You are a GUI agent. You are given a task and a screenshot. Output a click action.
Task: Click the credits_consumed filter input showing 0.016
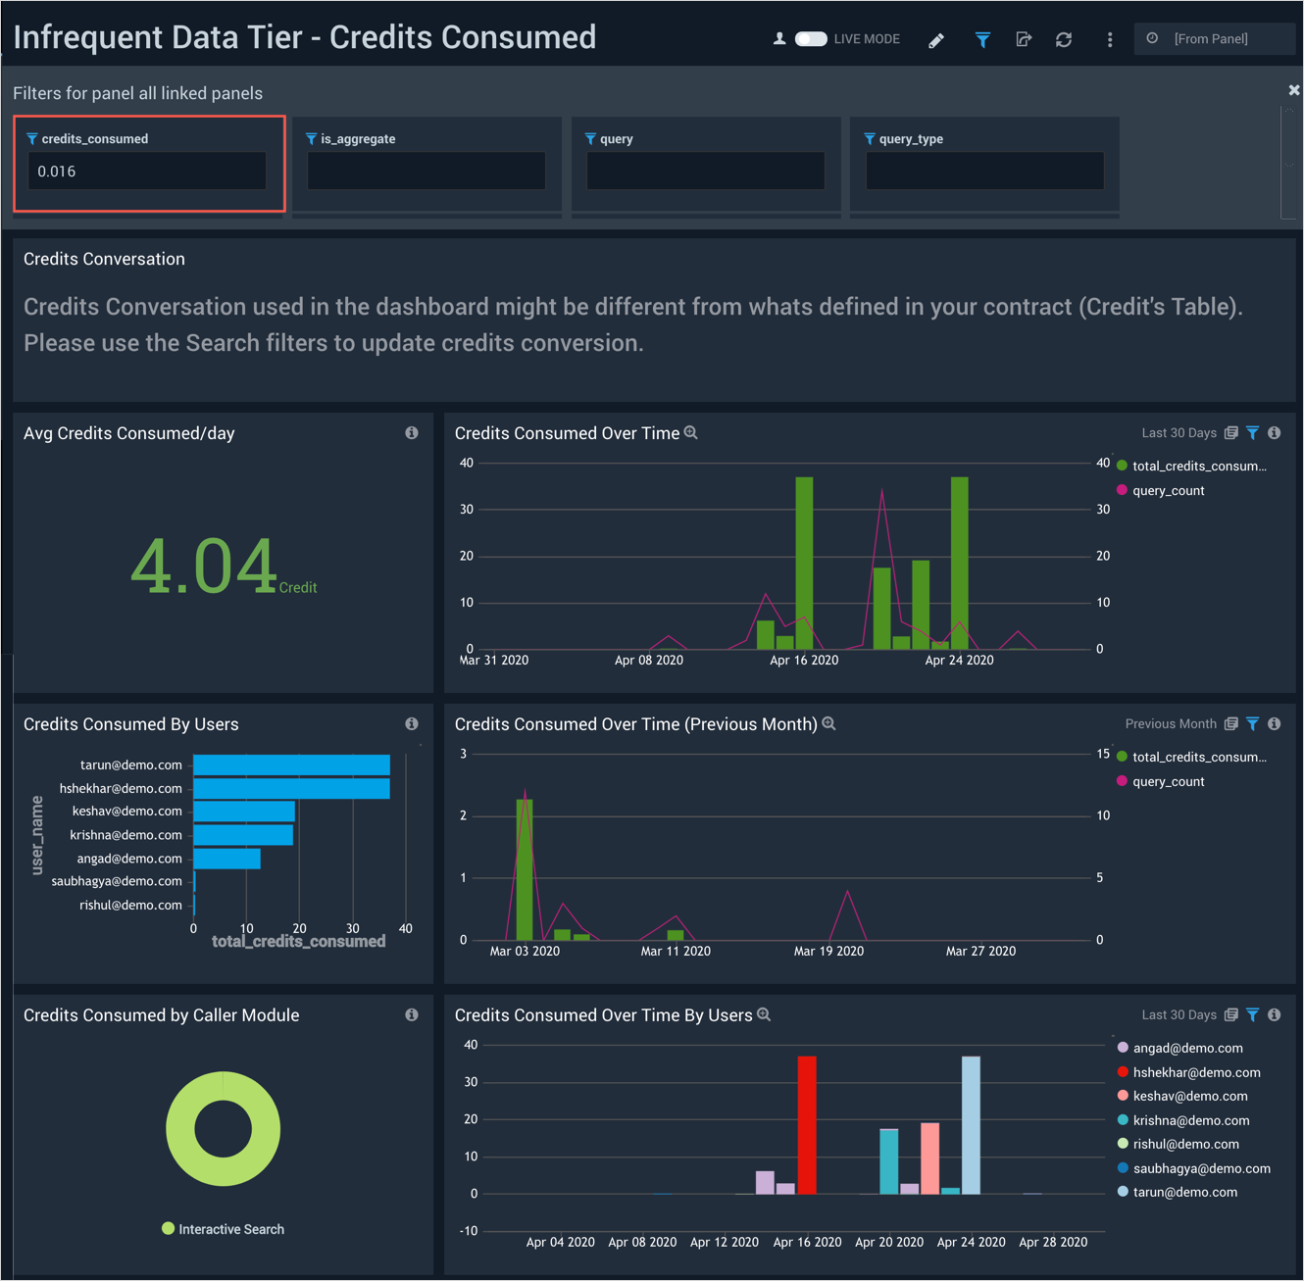pos(147,172)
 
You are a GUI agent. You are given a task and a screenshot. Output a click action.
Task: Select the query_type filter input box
pos(984,172)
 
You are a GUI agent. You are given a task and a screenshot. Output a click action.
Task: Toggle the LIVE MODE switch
pos(811,39)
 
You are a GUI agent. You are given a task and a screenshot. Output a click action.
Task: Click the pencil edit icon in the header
pos(936,40)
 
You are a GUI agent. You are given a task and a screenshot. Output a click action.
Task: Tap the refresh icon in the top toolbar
pos(1064,40)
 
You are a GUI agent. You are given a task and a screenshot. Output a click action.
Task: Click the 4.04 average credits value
pos(204,567)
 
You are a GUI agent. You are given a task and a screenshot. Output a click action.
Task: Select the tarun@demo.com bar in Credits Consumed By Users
pos(291,765)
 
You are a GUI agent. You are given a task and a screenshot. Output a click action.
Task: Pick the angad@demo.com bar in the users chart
pos(226,859)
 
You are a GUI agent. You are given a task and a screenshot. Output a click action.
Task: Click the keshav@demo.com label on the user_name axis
pos(126,812)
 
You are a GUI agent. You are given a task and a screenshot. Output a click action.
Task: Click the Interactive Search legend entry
pos(224,1229)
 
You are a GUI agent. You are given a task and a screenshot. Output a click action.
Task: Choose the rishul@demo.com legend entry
pos(1185,1145)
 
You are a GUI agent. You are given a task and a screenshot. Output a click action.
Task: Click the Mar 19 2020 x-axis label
pos(828,951)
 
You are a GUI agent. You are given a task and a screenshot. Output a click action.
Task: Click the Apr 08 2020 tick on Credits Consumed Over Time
pos(649,661)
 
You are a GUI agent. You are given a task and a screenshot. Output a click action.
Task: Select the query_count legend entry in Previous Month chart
pos(1168,782)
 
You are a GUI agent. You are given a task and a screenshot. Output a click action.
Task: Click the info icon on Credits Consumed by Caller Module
pos(412,1015)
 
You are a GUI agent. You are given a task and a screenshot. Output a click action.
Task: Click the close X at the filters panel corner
pos(1294,90)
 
